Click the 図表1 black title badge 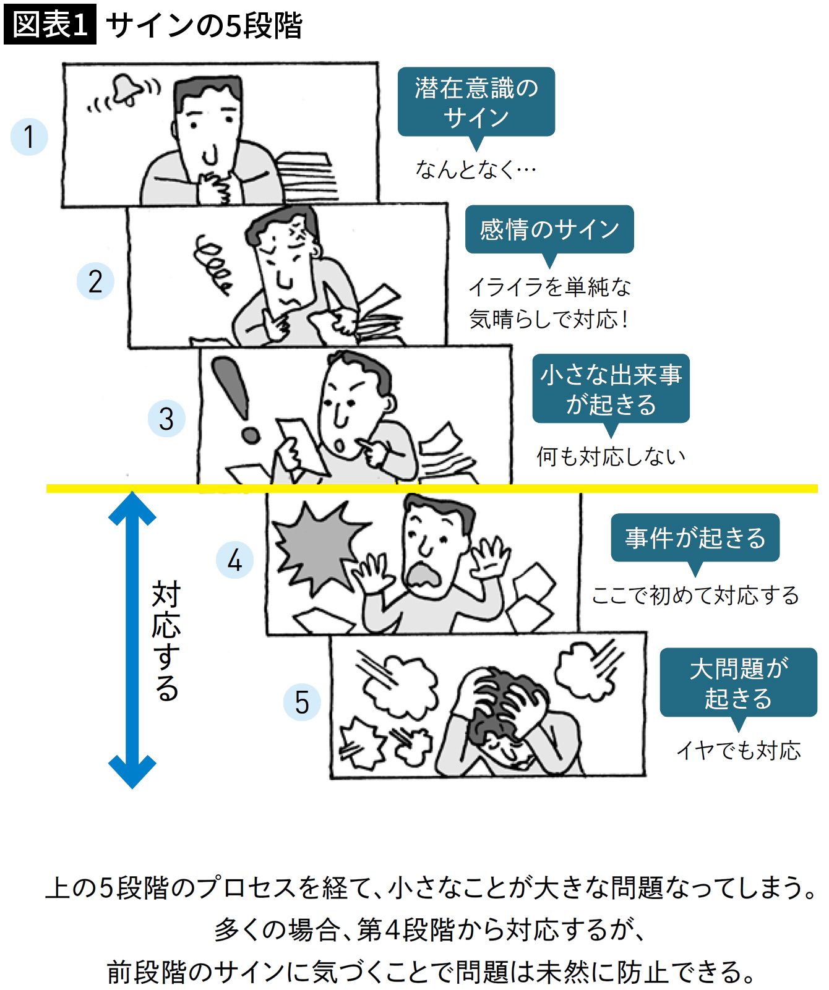click(49, 25)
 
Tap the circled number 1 click(29, 136)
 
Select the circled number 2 click(95, 281)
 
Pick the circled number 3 click(166, 419)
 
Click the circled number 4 click(234, 560)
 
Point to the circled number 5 click(302, 702)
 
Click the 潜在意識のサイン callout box click(476, 102)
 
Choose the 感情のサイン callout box click(549, 229)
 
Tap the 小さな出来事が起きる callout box click(611, 389)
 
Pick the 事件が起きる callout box click(695, 538)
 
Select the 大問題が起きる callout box click(738, 683)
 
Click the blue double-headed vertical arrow click(132, 639)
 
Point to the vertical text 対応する click(166, 640)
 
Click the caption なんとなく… click(475, 169)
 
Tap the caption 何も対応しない click(611, 456)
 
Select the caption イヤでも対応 click(738, 750)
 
